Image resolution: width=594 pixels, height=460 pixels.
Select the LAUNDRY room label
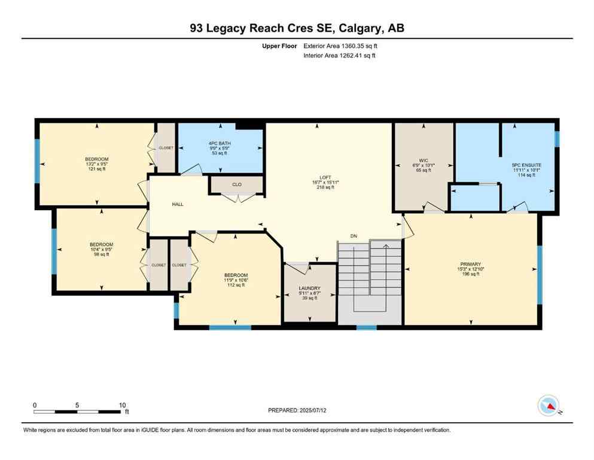click(x=309, y=288)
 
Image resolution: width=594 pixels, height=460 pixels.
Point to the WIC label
click(x=423, y=160)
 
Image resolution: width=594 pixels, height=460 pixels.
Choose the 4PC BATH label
click(x=220, y=143)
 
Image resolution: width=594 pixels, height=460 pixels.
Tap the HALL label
click(x=178, y=204)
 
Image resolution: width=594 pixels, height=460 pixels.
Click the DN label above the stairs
click(x=354, y=235)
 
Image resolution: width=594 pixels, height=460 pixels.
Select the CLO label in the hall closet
click(x=237, y=184)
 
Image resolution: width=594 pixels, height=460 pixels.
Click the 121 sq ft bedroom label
click(x=96, y=159)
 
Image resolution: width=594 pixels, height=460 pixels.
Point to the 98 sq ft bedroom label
click(x=101, y=244)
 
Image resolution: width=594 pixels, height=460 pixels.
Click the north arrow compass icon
click(x=548, y=406)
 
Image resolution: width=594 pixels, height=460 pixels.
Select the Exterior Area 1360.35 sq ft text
click(x=340, y=46)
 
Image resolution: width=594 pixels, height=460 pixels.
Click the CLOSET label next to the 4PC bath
click(x=166, y=147)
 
